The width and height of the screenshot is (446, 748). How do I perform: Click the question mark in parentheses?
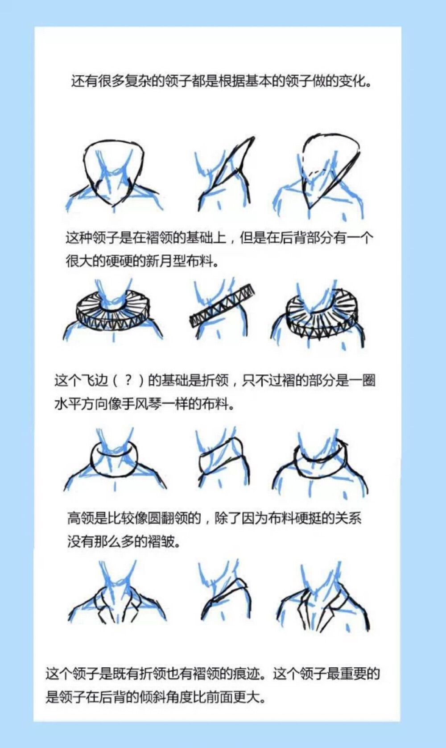click(128, 380)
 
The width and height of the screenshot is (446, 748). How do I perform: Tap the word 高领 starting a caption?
click(80, 518)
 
